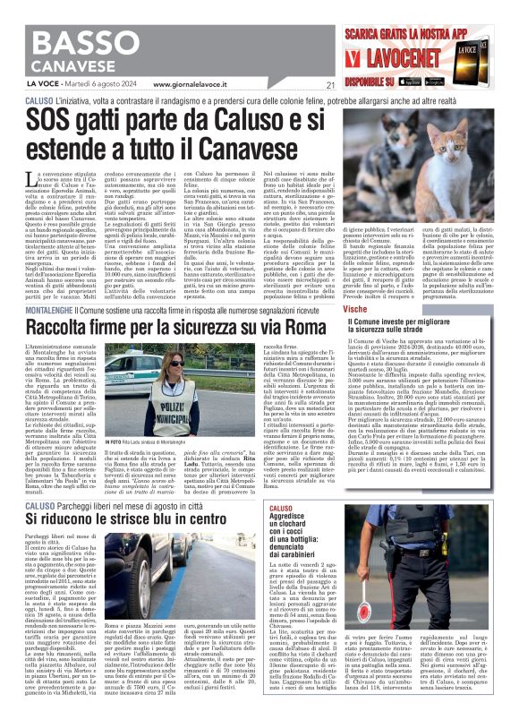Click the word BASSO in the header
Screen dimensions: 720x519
(81, 40)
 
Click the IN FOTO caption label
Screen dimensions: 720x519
(113, 441)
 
